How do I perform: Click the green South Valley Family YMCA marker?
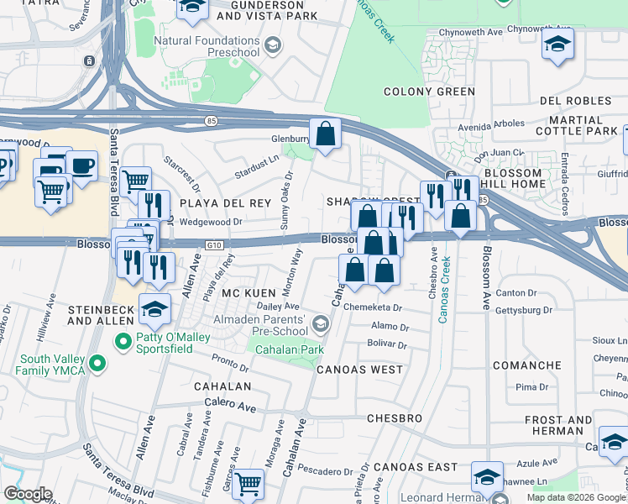(98, 363)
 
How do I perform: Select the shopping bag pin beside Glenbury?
(324, 134)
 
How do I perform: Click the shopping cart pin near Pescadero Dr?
(249, 483)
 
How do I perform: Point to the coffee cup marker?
(81, 165)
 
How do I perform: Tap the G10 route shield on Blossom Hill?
(215, 244)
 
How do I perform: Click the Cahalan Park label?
(289, 350)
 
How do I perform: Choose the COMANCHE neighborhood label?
(526, 365)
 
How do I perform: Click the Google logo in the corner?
(28, 494)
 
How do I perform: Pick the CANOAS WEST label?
(358, 369)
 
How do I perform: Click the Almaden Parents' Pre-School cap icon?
(320, 323)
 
